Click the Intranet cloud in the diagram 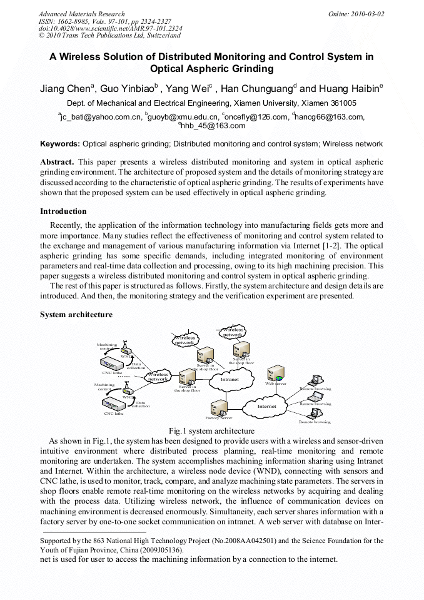230,379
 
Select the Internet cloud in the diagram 267,407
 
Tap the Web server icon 275,375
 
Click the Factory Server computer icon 219,407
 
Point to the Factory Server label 219,418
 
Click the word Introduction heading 63,211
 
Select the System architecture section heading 76,315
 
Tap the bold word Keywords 60,144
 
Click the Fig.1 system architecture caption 211,430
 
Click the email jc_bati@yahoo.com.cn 101,116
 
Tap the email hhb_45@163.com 212,126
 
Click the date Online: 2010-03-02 356,14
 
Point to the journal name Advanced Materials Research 81,14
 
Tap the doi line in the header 110,29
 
